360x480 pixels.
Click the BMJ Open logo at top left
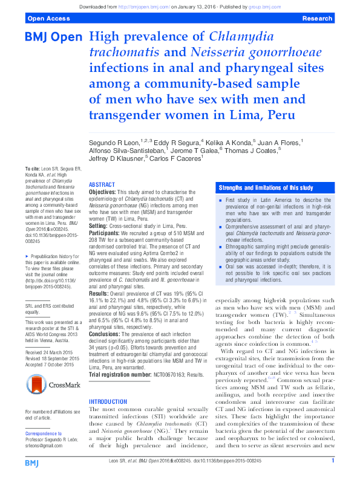[53, 37]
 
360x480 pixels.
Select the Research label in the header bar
[316, 19]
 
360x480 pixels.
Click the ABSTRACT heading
[102, 184]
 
